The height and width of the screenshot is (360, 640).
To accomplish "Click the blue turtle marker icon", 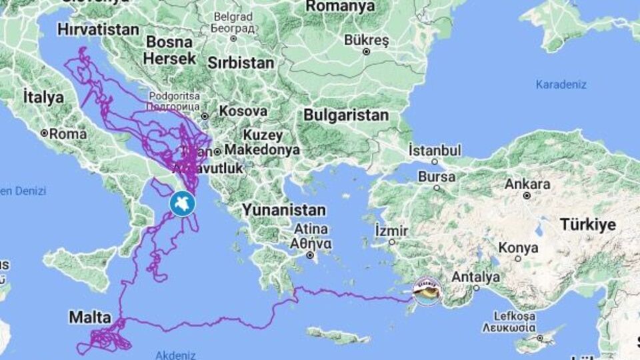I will point(181,203).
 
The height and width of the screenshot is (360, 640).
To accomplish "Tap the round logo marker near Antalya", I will point(427,291).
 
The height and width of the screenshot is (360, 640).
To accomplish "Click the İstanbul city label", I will point(435,149).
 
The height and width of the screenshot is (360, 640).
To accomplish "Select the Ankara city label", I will point(528,184).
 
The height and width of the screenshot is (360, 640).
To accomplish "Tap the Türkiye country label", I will point(588,224).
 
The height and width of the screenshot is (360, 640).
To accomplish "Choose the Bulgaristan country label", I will point(346,115).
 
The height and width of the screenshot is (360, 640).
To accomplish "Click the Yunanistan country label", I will point(284,210).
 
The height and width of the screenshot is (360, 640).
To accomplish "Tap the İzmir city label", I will point(391,230).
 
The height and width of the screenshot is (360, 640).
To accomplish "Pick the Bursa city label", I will point(437,177).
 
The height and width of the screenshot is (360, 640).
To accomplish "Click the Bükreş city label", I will point(366,39).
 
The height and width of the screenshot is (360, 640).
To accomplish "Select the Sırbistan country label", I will point(241,63).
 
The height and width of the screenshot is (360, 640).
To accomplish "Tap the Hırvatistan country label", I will point(98,29).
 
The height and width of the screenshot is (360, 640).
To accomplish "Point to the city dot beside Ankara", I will point(527,196).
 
